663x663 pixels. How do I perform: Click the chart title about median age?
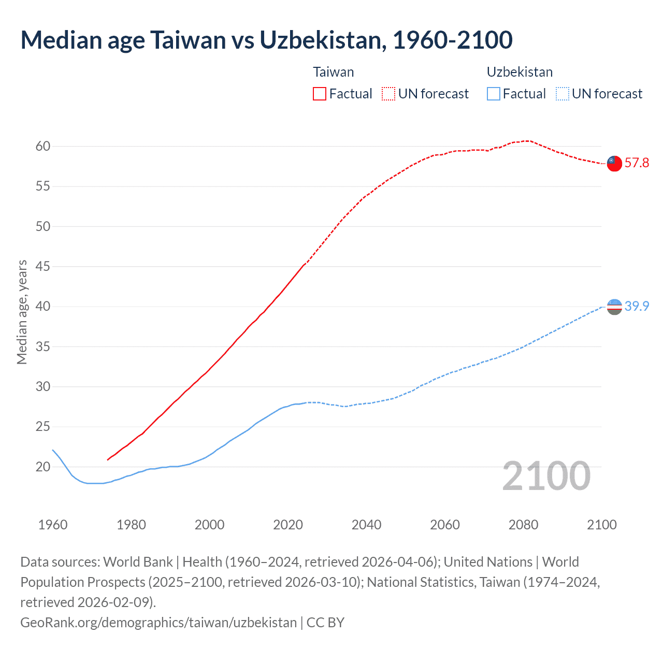tap(266, 40)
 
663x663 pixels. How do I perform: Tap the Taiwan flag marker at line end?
tap(614, 163)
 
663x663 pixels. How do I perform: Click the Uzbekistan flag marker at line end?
tap(614, 307)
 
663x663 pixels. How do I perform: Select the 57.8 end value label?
tap(637, 163)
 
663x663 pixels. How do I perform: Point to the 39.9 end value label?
tap(637, 307)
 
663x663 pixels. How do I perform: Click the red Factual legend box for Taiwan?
tap(320, 94)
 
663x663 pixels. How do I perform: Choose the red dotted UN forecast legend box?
tap(388, 94)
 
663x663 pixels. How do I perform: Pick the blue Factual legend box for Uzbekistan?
tap(494, 94)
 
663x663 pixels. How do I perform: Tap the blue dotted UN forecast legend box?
tap(563, 94)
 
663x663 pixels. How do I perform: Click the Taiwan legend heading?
tap(334, 72)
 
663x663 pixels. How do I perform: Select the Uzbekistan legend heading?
tap(520, 72)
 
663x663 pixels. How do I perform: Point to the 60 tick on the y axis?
tap(43, 147)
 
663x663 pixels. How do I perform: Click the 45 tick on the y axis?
tap(43, 267)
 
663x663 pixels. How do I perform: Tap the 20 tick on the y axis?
tap(43, 467)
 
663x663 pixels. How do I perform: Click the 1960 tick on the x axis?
tap(53, 525)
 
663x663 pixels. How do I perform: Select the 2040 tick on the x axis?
tap(366, 525)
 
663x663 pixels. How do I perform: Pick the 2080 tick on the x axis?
tap(523, 525)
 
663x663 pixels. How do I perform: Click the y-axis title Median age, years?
tap(22, 312)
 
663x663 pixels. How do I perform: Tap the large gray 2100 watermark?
tap(546, 476)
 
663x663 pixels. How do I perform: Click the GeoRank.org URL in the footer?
tap(158, 622)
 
